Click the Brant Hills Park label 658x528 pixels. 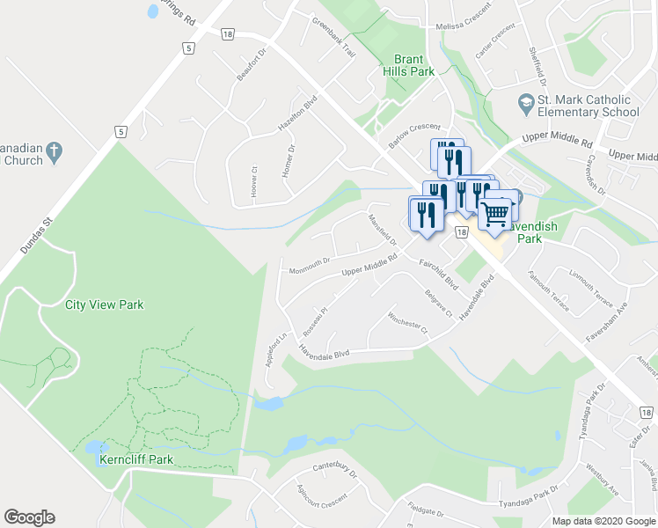coord(408,65)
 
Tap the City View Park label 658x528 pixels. coord(104,305)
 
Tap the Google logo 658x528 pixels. coord(29,517)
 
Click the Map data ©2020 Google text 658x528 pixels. coord(603,521)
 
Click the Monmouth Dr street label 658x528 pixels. coord(309,261)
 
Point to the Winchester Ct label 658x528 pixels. coord(406,323)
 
